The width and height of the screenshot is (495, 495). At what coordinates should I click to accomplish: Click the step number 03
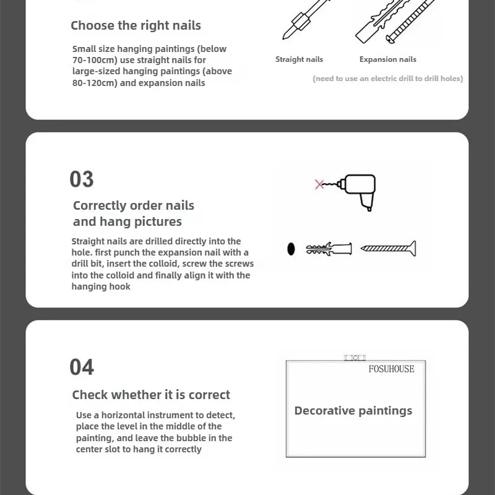pyautogui.click(x=82, y=179)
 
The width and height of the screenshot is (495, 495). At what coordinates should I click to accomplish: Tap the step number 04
pyautogui.click(x=82, y=367)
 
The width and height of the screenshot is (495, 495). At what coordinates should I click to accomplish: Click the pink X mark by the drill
pyautogui.click(x=319, y=184)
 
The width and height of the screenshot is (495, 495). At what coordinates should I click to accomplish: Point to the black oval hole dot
pyautogui.click(x=291, y=249)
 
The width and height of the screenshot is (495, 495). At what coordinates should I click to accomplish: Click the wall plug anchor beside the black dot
pyautogui.click(x=329, y=249)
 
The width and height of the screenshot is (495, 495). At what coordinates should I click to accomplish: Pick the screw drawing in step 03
pyautogui.click(x=389, y=249)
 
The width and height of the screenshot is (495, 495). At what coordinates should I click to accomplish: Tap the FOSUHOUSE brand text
pyautogui.click(x=392, y=369)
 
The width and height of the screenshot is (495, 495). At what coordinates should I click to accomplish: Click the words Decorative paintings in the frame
pyautogui.click(x=353, y=411)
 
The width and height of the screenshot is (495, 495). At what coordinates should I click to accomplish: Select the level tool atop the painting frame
pyautogui.click(x=355, y=358)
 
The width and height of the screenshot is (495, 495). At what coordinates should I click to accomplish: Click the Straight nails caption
pyautogui.click(x=299, y=59)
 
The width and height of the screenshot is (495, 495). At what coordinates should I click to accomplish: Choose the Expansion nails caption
pyautogui.click(x=388, y=59)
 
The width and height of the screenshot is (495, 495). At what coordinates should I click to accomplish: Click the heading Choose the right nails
pyautogui.click(x=136, y=25)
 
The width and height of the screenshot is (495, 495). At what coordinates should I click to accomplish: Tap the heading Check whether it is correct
pyautogui.click(x=151, y=395)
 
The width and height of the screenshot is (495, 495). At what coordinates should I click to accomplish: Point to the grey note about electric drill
pyautogui.click(x=388, y=79)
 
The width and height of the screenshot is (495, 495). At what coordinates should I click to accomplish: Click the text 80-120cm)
pyautogui.click(x=95, y=83)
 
